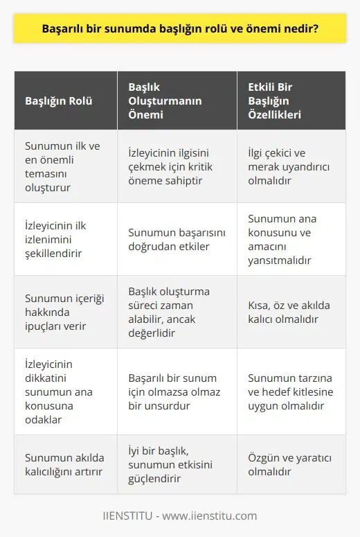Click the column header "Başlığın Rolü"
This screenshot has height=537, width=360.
58,100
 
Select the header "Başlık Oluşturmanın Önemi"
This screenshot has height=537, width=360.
165,100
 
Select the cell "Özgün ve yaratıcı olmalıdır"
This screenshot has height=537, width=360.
284,464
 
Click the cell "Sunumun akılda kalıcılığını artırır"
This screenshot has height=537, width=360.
64,464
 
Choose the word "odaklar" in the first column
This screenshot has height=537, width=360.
44,419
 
